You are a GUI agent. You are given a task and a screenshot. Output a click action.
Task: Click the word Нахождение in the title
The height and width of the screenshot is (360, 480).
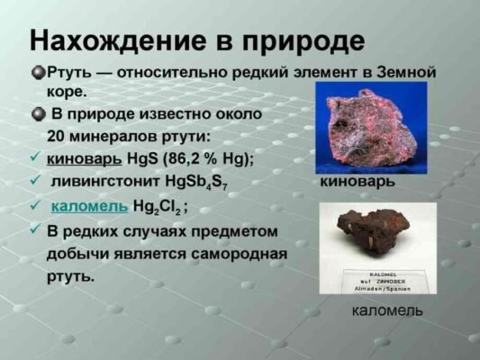(x=103, y=41)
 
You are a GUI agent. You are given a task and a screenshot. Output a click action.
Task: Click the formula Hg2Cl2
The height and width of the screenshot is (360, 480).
(x=157, y=208)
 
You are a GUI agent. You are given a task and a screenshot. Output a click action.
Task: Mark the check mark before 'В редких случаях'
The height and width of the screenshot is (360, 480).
(x=34, y=231)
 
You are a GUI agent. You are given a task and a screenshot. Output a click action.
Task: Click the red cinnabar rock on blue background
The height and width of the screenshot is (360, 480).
(x=369, y=126)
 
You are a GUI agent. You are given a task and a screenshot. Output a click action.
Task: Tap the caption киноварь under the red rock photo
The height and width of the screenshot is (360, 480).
(x=358, y=181)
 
